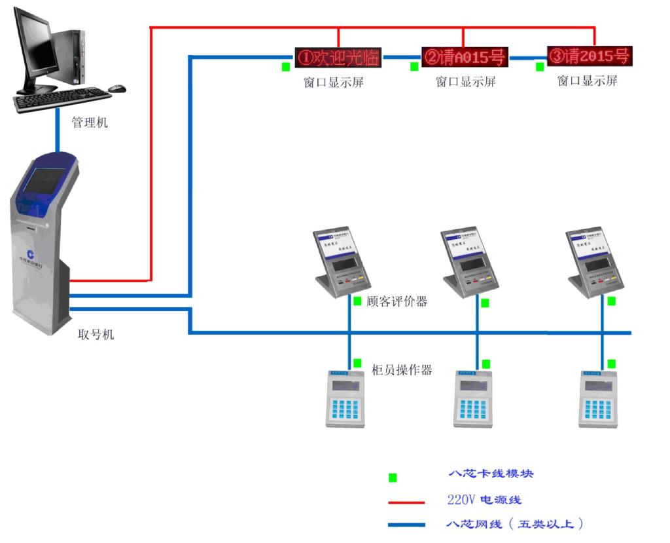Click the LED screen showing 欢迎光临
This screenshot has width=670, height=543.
click(x=338, y=57)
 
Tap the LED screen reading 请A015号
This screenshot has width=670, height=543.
click(x=465, y=57)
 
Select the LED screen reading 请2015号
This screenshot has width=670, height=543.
click(x=590, y=56)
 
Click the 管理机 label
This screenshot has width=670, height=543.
click(x=90, y=122)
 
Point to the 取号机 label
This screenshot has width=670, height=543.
click(x=96, y=334)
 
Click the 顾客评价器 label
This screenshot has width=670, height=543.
click(x=397, y=301)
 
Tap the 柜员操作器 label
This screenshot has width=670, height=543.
click(x=402, y=369)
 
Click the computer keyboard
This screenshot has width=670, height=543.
click(x=63, y=100)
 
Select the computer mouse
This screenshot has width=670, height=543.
click(x=117, y=88)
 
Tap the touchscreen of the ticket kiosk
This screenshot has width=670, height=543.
click(x=44, y=179)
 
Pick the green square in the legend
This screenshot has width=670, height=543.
click(x=393, y=477)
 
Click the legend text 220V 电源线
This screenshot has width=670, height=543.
click(x=484, y=500)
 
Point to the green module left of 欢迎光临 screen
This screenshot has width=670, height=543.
click(x=286, y=66)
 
